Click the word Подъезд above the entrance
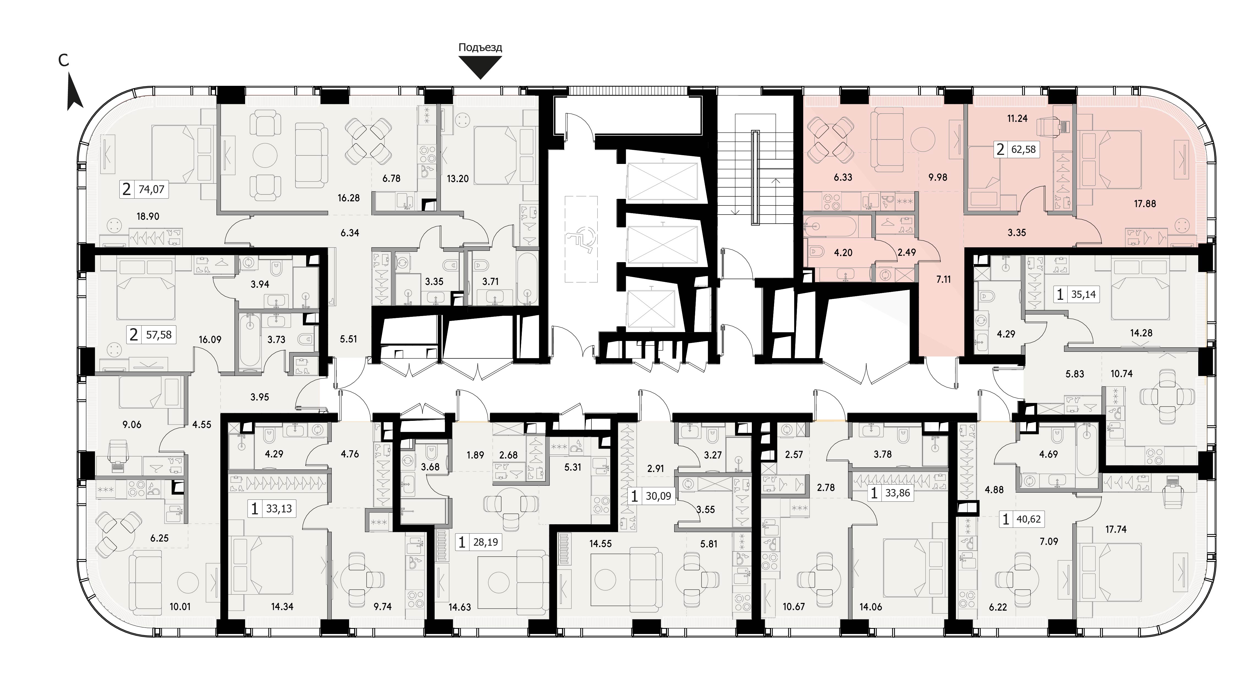(x=480, y=48)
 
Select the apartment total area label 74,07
(x=151, y=190)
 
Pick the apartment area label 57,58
(x=159, y=334)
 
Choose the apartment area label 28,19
(x=486, y=542)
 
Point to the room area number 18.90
(x=148, y=216)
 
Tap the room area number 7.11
(x=943, y=279)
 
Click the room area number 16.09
(x=210, y=339)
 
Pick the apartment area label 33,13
(x=279, y=508)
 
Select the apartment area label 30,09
(x=658, y=496)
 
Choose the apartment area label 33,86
(x=898, y=493)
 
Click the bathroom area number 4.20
(x=843, y=252)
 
